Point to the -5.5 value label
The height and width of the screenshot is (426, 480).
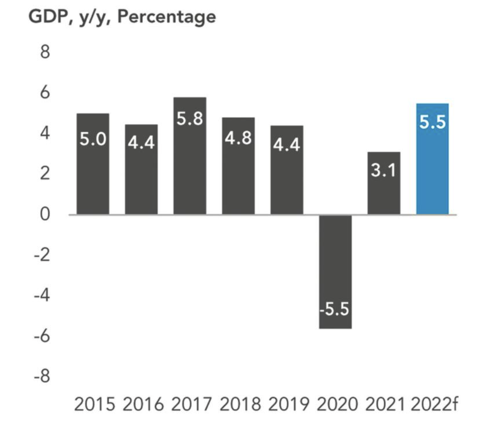[335, 309]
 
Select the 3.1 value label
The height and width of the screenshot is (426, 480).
[384, 170]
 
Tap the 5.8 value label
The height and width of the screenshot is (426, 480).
[190, 119]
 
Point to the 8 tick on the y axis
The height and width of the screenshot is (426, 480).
[44, 52]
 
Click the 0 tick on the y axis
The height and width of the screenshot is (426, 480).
[44, 215]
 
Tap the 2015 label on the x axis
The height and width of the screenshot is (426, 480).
[95, 405]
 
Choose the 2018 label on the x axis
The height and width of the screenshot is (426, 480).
[240, 405]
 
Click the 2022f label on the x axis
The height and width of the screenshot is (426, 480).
[434, 405]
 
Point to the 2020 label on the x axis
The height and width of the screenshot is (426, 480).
[336, 405]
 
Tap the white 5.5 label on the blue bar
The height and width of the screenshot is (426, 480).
[432, 123]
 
